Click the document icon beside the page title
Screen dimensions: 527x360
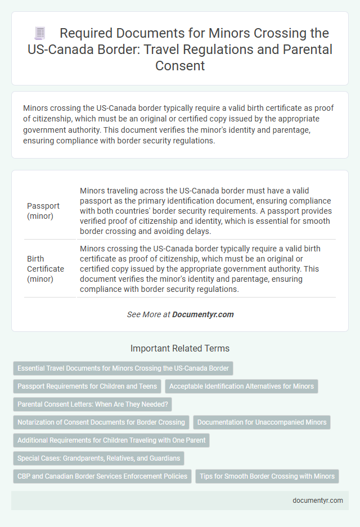[x=39, y=33]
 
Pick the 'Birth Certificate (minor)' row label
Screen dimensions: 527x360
[x=46, y=268]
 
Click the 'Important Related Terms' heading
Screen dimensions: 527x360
[x=179, y=348]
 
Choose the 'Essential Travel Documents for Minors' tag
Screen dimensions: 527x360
[x=123, y=368]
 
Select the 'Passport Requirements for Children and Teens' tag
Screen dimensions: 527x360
[x=87, y=386]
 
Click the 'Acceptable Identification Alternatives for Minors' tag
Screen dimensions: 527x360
[x=242, y=386]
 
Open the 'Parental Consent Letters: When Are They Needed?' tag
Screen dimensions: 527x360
[x=92, y=404]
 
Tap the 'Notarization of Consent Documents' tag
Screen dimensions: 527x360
[x=101, y=422]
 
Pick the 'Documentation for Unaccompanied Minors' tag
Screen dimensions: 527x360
[x=262, y=422]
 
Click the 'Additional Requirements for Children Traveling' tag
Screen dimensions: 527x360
[x=111, y=440]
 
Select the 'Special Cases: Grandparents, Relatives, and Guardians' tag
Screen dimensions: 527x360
[x=98, y=458]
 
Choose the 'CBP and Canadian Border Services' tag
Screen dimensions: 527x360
[x=102, y=476]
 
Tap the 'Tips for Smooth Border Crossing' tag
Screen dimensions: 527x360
[x=267, y=476]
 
